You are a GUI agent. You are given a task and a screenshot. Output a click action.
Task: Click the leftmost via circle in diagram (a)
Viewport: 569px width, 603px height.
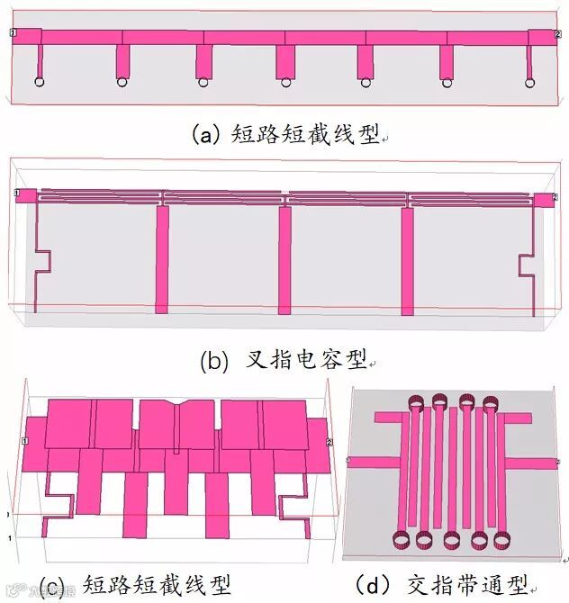coord(40,83)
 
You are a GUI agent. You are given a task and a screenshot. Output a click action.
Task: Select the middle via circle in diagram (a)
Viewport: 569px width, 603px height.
coord(285,83)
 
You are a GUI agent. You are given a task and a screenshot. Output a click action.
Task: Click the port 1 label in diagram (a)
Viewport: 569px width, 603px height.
coord(13,33)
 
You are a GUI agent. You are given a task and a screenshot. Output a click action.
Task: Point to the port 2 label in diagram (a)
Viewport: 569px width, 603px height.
coord(558,33)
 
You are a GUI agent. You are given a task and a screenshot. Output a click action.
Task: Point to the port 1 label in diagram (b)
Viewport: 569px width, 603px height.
coord(16,193)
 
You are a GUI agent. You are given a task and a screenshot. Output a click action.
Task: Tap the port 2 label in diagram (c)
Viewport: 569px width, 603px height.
coord(330,442)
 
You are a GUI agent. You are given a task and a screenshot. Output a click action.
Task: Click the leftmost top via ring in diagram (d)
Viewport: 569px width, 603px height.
coord(418,402)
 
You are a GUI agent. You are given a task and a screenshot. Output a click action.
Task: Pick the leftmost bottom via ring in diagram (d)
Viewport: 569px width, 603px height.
coord(399,540)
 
